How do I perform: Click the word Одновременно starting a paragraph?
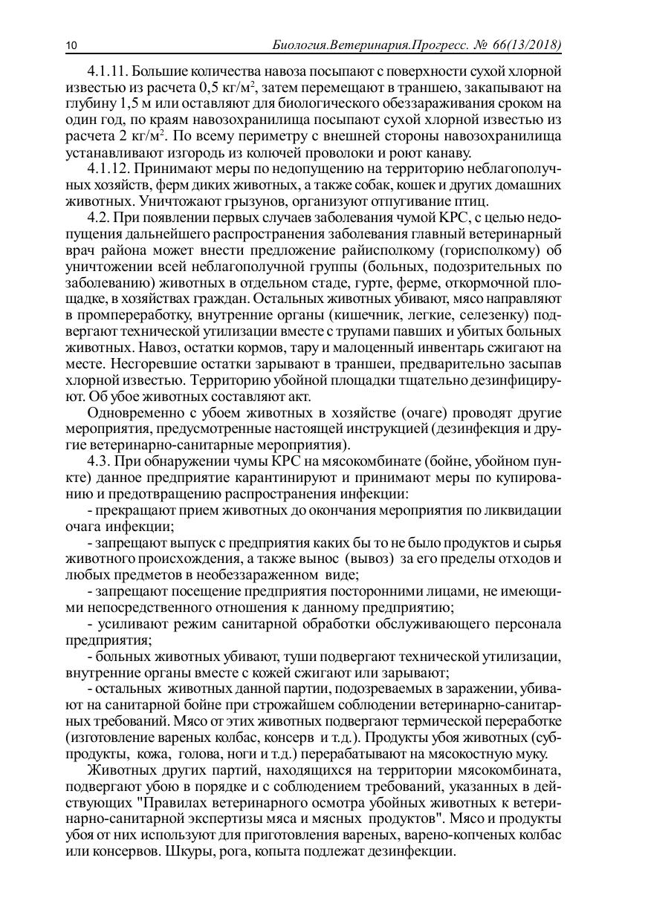132,413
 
